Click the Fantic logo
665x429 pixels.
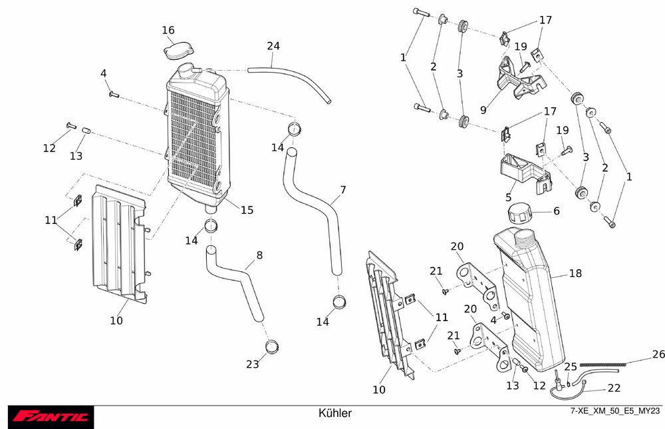(51, 417)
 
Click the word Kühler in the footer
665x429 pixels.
(335, 413)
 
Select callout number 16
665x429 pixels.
(168, 30)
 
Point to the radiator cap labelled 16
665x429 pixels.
(177, 51)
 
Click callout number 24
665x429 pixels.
(273, 46)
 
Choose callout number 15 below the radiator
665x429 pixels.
(247, 210)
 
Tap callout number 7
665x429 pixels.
(342, 190)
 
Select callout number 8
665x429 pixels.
(259, 254)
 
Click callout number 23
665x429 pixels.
(252, 364)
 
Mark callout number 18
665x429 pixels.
(575, 274)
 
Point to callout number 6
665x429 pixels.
(557, 211)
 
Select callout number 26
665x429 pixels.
(658, 354)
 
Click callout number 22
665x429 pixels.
(614, 388)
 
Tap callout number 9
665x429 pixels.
(483, 108)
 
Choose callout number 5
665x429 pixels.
(508, 197)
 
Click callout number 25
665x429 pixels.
(571, 367)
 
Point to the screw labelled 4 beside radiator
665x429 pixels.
(113, 94)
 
